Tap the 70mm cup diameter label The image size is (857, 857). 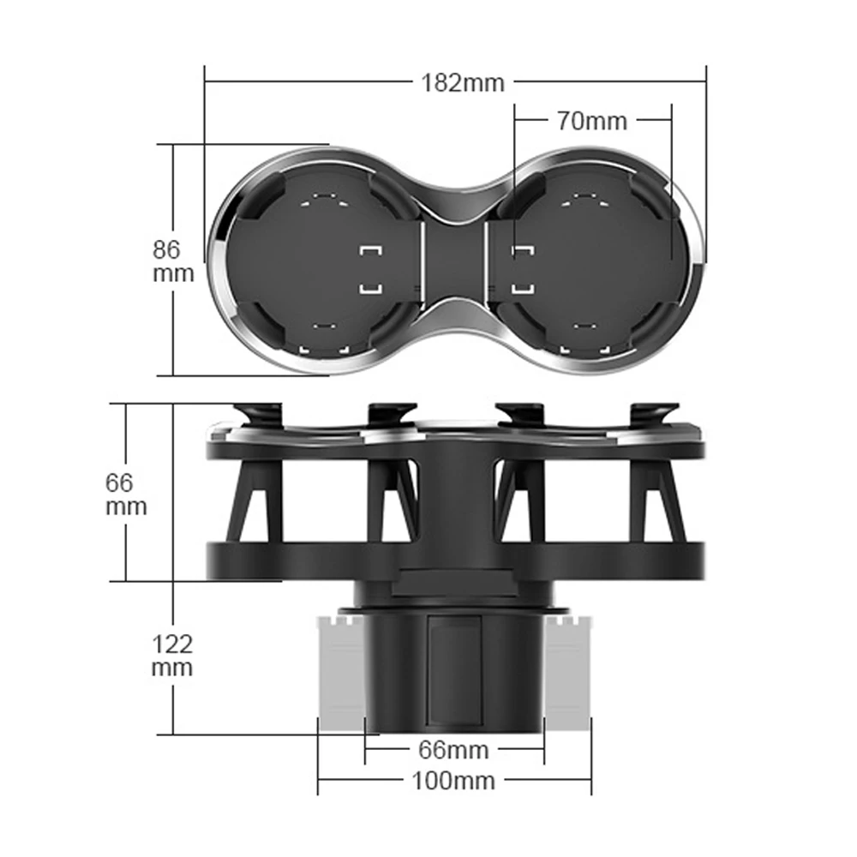pos(592,121)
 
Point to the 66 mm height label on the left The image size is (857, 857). pos(126,494)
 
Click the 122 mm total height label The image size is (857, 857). pos(172,655)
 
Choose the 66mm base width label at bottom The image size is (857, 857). pos(453,750)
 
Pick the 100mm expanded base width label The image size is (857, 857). pos(453,781)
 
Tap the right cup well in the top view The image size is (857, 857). pos(591,261)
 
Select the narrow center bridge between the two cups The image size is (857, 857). pos(455,261)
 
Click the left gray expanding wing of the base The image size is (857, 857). pos(341,668)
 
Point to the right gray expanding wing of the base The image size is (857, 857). pos(567,668)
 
